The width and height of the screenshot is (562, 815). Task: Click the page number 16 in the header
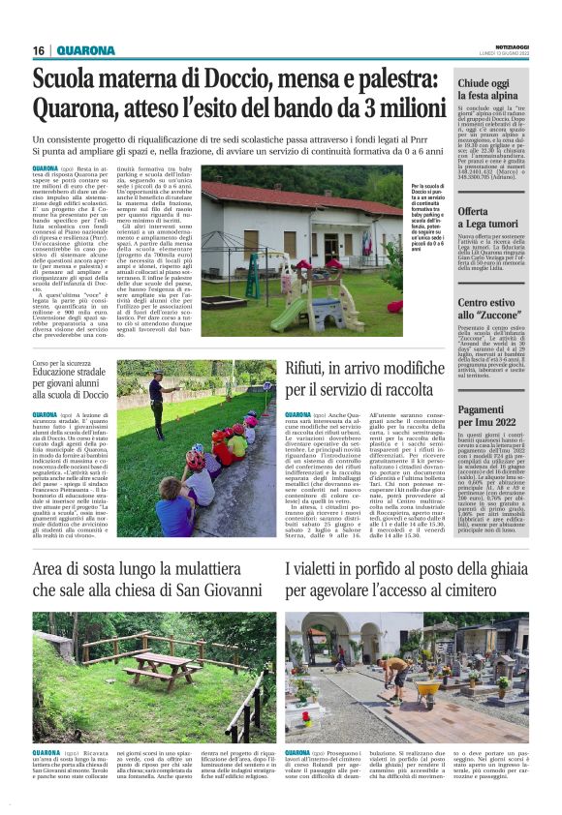pyautogui.click(x=40, y=50)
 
